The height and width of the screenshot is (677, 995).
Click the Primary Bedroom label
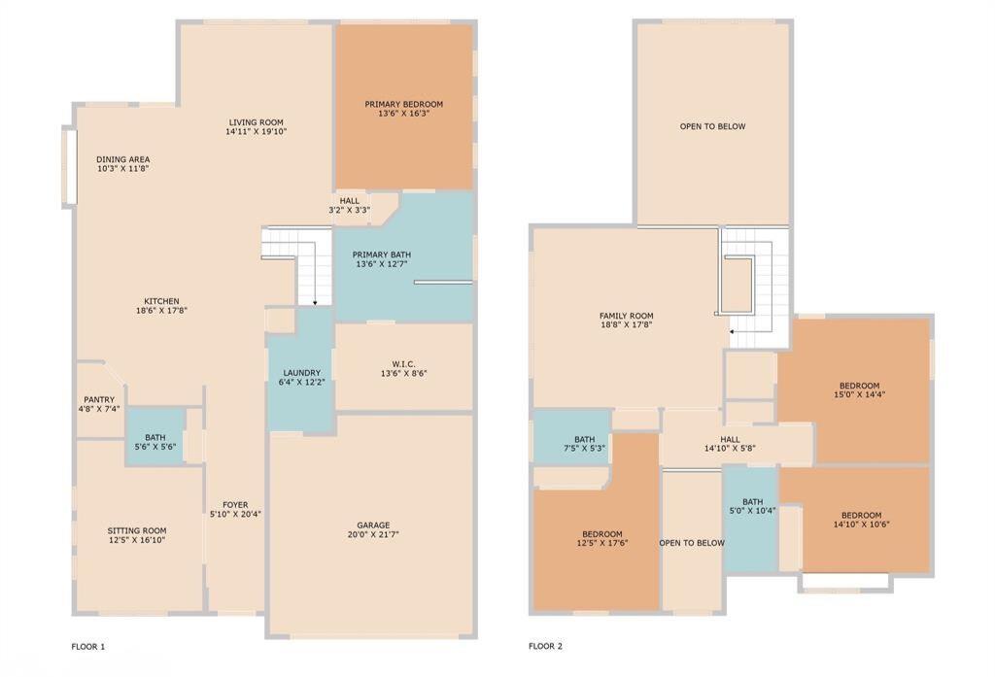pos(403,104)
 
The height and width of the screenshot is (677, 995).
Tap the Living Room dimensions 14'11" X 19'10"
pos(256,131)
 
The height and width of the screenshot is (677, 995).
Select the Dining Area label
pos(122,159)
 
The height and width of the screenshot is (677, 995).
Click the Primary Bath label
pos(382,254)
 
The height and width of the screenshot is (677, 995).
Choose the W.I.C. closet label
pos(404,364)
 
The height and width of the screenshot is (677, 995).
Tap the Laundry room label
pos(301,373)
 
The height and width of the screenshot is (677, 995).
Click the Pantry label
pos(98,399)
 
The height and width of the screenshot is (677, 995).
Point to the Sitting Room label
pos(137,530)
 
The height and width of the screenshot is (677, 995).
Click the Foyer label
pos(235,505)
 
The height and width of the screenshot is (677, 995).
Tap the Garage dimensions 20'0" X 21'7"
pos(374,534)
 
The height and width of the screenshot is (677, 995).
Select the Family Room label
pos(626,316)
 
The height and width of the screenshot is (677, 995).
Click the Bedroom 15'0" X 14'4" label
pos(859,386)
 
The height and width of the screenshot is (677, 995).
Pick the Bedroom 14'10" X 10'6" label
pos(861,515)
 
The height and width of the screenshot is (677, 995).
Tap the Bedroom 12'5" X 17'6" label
pos(601,534)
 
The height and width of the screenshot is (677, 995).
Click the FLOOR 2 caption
pos(545,646)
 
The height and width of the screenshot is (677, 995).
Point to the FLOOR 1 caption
pos(88,646)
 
